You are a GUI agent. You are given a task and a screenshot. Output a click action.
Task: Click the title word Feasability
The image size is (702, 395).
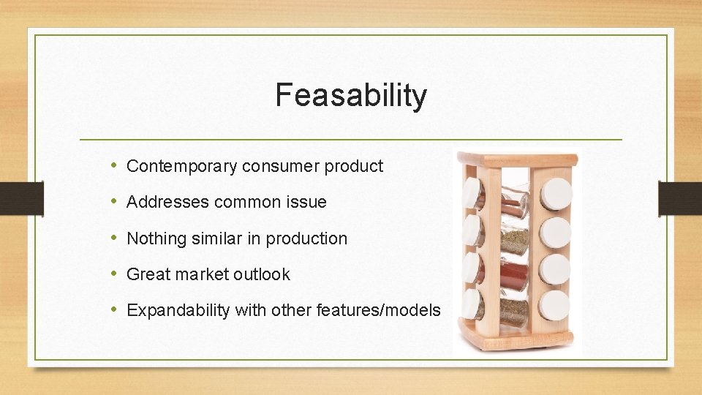coord(351,95)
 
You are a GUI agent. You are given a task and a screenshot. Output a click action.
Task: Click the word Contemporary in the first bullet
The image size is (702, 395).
coord(181,166)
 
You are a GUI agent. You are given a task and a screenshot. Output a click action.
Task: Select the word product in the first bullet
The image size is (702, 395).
coord(353,166)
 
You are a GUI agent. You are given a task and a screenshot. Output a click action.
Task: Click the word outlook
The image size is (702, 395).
coord(262,274)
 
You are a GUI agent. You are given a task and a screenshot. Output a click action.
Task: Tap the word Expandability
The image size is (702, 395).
coord(178,310)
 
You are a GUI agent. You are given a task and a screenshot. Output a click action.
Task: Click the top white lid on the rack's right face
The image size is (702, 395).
coord(557,194)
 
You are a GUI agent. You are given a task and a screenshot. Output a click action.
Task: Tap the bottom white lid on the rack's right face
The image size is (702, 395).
coord(557,303)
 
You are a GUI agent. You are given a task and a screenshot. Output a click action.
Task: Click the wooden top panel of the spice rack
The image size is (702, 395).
coord(518,159)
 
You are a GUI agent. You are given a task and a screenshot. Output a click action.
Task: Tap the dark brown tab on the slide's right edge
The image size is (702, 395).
coord(680,197)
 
